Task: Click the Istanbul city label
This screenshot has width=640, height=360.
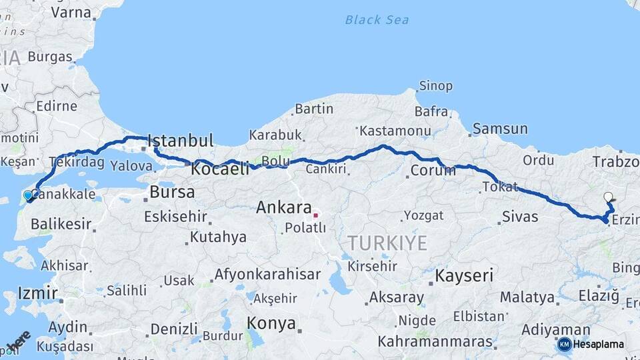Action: (181, 141)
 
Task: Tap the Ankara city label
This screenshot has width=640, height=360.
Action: (284, 207)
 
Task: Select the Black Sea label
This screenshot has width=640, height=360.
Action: (377, 20)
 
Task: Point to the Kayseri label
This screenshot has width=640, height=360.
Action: (464, 275)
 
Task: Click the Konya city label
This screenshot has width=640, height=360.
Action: (271, 324)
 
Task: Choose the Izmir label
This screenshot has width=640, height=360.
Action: (28, 293)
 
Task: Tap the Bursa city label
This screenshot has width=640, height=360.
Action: (172, 193)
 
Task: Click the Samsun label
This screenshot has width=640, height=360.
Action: (500, 129)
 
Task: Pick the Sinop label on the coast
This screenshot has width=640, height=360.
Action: (435, 86)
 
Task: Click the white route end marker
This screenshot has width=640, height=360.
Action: (608, 197)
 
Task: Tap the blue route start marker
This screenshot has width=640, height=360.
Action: (28, 195)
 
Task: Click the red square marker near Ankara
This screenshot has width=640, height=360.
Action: (316, 215)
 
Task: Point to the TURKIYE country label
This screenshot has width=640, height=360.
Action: (387, 243)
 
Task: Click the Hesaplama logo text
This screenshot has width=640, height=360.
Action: (598, 344)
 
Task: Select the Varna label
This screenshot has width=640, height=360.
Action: (71, 12)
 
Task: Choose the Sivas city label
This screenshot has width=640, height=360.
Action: (520, 217)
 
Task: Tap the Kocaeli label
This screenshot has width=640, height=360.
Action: (220, 169)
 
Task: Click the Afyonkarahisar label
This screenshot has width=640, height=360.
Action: (267, 274)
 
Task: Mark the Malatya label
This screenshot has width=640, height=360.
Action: (527, 297)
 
